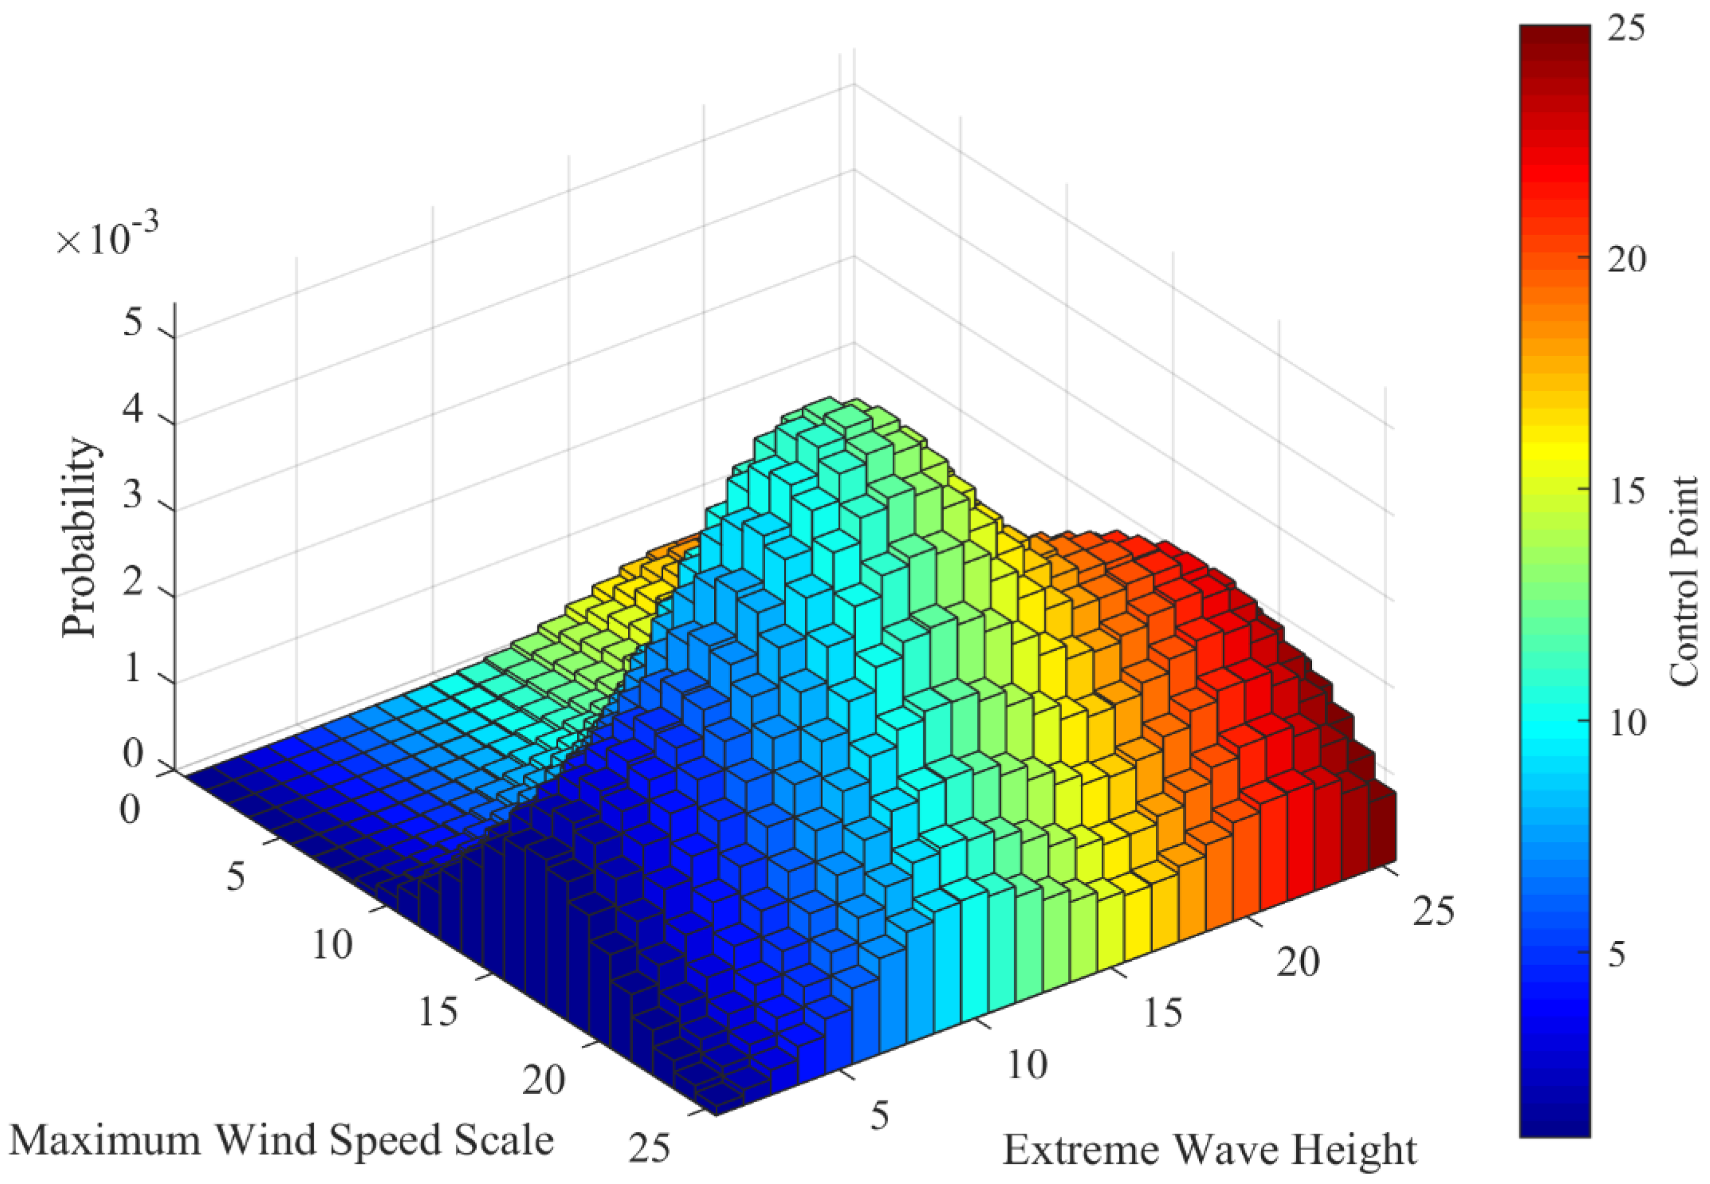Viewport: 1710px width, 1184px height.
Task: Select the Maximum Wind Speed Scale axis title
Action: pos(281,1140)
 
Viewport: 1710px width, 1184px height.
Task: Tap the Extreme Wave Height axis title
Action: pos(1210,1151)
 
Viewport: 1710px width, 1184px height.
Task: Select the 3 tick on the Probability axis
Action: pos(133,495)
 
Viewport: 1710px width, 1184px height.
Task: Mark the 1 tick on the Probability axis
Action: pos(133,669)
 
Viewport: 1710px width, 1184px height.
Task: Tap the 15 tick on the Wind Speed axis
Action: pos(438,1012)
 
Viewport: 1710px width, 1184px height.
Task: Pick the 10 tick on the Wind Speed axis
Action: pos(332,945)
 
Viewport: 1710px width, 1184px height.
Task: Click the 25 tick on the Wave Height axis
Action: pos(1433,911)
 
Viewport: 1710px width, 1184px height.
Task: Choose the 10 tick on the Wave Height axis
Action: pos(1027,1065)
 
